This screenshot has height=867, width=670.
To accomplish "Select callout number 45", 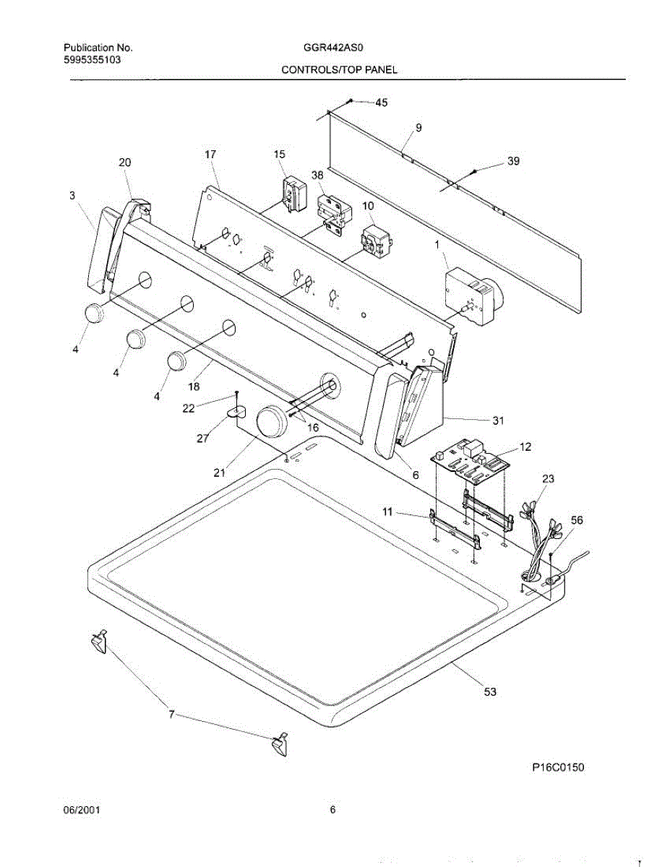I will [380, 103].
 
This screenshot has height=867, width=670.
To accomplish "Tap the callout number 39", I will [513, 162].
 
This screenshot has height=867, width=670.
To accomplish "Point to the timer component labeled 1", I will [471, 296].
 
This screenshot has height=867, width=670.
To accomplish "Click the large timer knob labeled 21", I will [272, 420].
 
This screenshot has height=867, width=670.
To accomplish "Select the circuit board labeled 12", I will [471, 460].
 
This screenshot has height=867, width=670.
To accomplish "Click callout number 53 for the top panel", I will [490, 692].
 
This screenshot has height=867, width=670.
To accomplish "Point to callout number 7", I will [171, 715].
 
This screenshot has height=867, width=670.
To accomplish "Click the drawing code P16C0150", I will [558, 768].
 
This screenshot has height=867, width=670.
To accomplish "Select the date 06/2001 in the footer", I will [82, 811].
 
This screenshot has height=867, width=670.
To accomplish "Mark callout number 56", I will [557, 520].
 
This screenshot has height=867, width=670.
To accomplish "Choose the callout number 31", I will [498, 420].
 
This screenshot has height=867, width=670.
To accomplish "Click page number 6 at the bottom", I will [333, 811].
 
